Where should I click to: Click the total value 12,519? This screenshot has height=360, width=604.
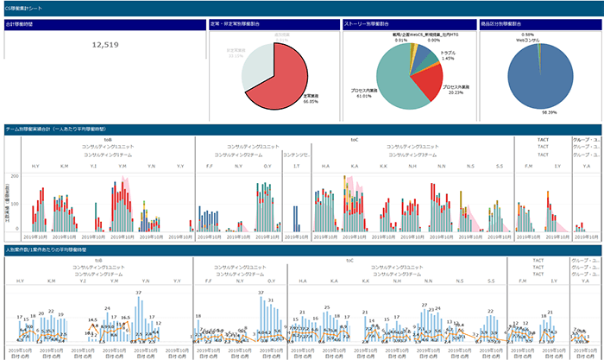pos(105,45)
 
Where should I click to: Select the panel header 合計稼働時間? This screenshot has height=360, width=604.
pos(19,24)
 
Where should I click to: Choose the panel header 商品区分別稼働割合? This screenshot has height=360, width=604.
pos(525,24)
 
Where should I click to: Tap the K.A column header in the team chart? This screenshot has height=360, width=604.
pos(355,166)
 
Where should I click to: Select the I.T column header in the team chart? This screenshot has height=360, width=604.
pos(297,166)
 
